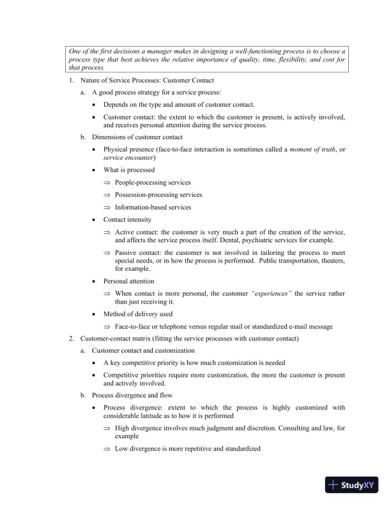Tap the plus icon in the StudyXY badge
tap(333, 485)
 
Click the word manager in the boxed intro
tap(194, 50)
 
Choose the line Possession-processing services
tap(158, 195)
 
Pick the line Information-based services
tap(153, 207)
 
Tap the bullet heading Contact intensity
tap(127, 219)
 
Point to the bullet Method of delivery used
tap(137, 314)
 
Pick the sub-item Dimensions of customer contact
tap(137, 137)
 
